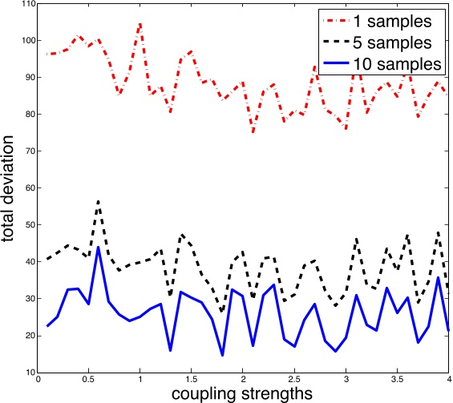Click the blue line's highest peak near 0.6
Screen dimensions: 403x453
[x=99, y=248]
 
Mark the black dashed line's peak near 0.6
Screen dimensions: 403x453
[x=99, y=201]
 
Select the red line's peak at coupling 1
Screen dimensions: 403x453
[x=140, y=24]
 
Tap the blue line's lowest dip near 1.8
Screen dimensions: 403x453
[x=222, y=355]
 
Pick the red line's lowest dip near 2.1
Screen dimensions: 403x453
[x=253, y=132]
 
